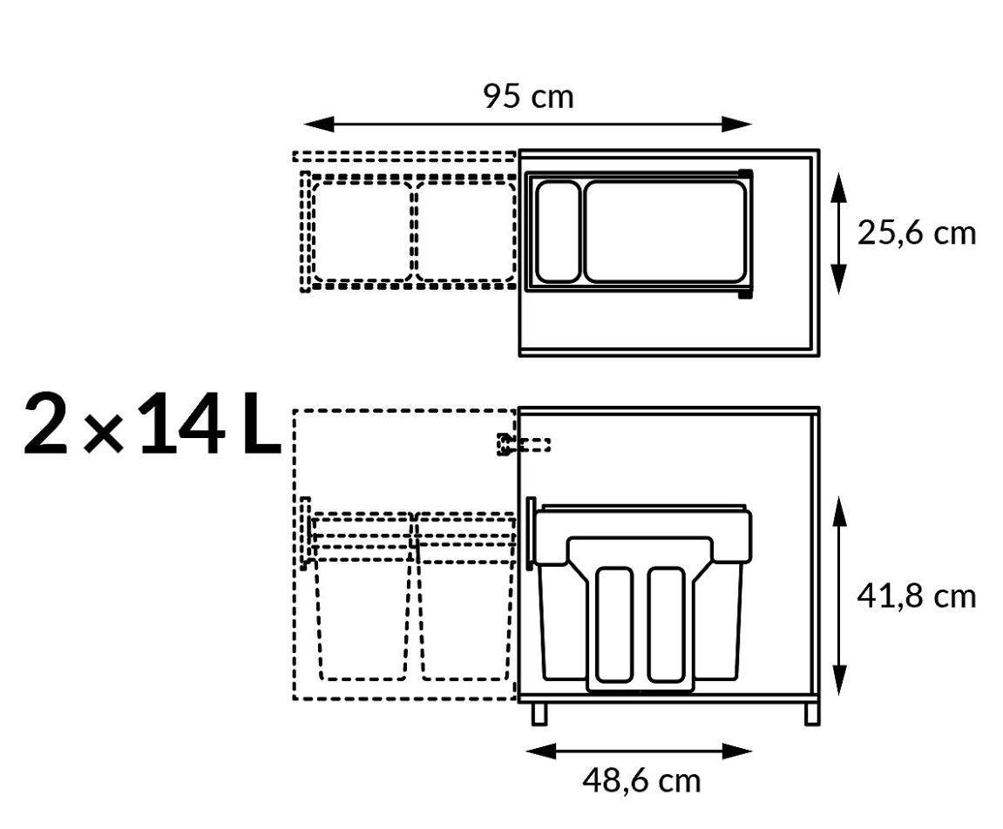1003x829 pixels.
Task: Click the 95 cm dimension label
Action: (528, 97)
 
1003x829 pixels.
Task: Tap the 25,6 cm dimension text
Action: (916, 233)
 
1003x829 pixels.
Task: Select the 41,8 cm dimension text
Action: (916, 596)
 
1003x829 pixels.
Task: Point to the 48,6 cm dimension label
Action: (641, 780)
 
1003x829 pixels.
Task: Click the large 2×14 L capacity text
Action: (152, 424)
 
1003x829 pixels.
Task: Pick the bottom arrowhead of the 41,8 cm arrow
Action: (840, 680)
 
